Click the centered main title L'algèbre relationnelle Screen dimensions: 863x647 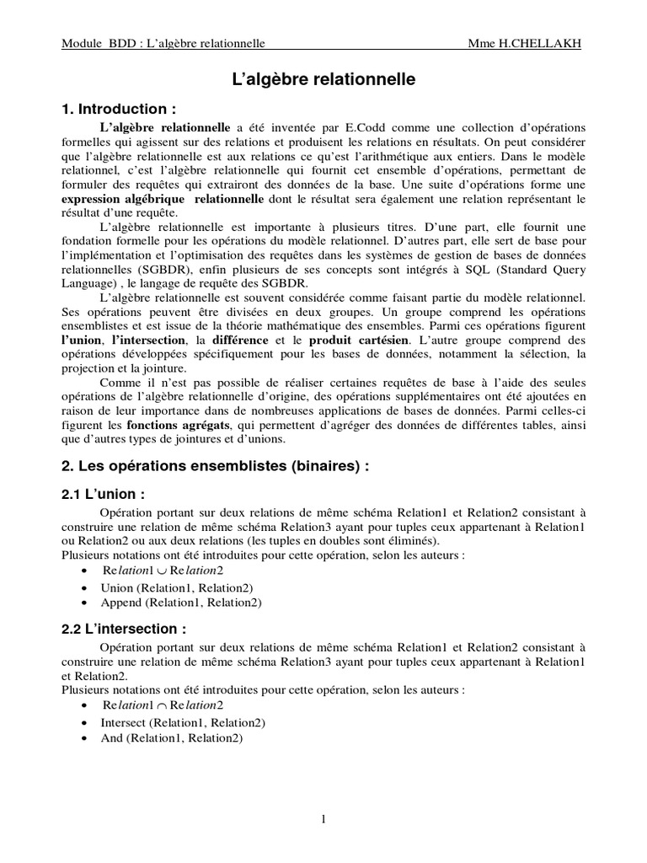[323, 81]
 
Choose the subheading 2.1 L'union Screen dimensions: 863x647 [104, 495]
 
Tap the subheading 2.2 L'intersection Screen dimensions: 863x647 [123, 628]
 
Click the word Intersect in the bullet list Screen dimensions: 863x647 [124, 722]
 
